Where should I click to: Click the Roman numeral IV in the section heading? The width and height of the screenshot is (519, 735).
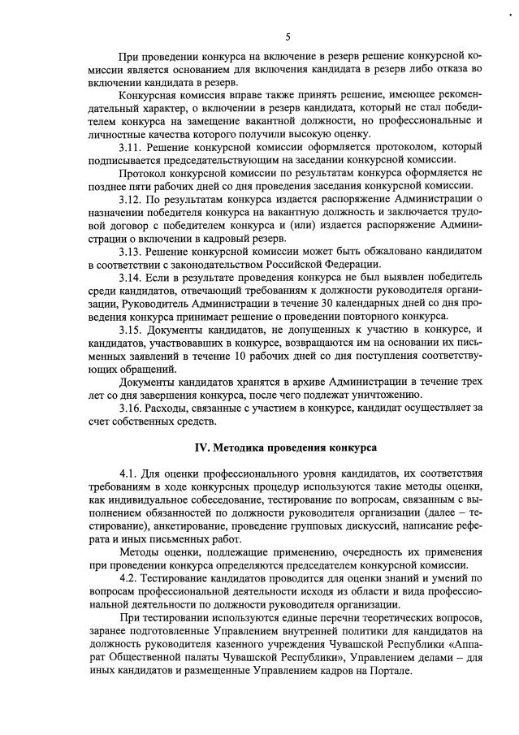point(200,447)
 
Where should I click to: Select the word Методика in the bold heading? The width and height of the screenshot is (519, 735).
point(240,447)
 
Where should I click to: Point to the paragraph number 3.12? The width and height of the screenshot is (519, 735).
point(130,198)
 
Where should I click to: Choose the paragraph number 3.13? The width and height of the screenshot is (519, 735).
point(130,253)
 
